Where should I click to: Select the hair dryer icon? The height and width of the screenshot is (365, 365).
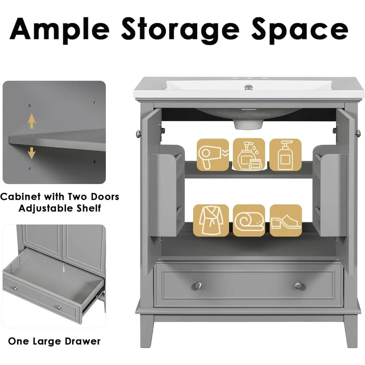point(212,154)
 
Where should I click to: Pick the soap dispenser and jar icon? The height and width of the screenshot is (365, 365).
point(249,154)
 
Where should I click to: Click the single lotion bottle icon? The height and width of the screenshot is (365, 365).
point(285,154)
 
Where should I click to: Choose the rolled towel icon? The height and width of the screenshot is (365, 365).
point(249,220)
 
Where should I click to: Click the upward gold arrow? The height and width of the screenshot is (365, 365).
point(32,121)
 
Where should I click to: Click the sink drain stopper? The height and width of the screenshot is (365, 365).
point(249,87)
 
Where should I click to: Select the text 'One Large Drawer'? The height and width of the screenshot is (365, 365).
point(54,342)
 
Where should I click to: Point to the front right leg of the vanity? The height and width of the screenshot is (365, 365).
point(351,330)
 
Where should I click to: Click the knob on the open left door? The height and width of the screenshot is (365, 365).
point(138,132)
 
